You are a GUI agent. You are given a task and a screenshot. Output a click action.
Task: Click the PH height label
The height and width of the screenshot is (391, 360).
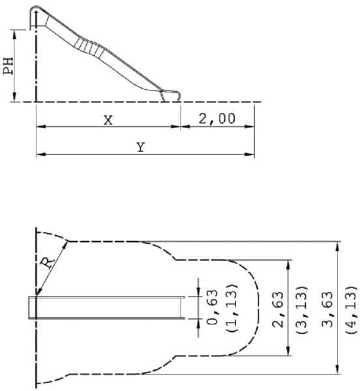(x=8, y=66)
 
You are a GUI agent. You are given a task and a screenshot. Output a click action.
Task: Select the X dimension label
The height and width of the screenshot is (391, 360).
(x=108, y=120)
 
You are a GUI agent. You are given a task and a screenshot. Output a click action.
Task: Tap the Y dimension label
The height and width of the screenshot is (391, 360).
(x=141, y=147)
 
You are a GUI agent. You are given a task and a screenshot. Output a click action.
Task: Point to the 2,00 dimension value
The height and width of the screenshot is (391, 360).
(x=217, y=119)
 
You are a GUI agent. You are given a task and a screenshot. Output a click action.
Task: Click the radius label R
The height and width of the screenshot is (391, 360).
(x=48, y=263)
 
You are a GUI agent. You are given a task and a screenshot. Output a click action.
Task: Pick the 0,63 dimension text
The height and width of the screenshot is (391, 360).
(x=213, y=307)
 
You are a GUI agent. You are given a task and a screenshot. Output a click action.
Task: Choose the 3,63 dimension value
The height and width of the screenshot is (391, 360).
(x=327, y=310)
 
